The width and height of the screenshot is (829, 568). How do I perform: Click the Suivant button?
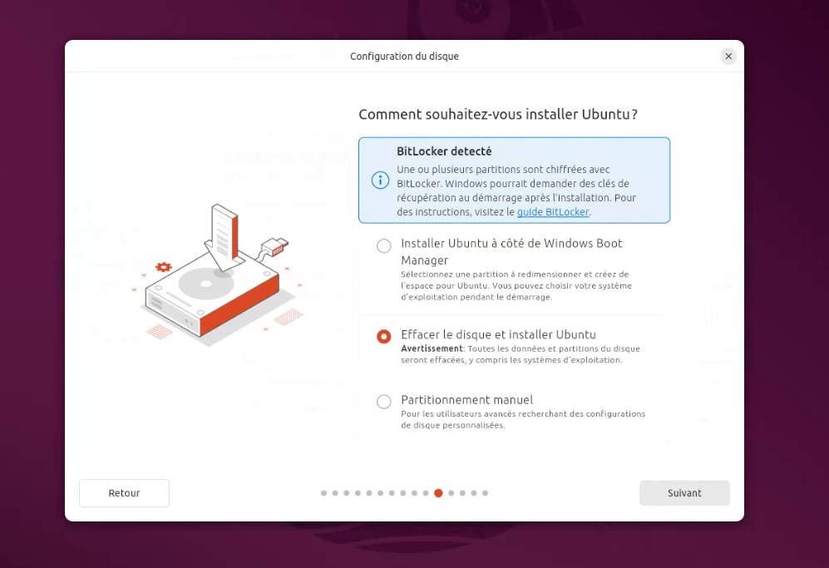(684, 493)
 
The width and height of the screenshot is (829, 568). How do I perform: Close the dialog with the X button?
(728, 56)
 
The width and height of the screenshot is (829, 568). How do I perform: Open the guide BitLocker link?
(552, 212)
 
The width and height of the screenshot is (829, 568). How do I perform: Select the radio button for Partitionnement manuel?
(384, 402)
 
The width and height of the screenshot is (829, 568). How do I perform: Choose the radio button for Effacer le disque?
(384, 336)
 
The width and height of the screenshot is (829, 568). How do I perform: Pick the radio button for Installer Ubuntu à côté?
(384, 245)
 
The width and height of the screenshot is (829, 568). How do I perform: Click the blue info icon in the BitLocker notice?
(380, 180)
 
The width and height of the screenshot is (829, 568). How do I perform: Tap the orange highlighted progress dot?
(438, 493)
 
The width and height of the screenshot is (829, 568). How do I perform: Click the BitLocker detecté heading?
(444, 151)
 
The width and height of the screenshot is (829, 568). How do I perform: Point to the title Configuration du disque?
(404, 56)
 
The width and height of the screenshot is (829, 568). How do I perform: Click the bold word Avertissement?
(432, 348)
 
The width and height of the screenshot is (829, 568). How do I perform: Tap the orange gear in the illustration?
(163, 267)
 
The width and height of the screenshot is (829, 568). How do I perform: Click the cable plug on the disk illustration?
(275, 246)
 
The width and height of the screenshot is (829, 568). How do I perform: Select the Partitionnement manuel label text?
(466, 400)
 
